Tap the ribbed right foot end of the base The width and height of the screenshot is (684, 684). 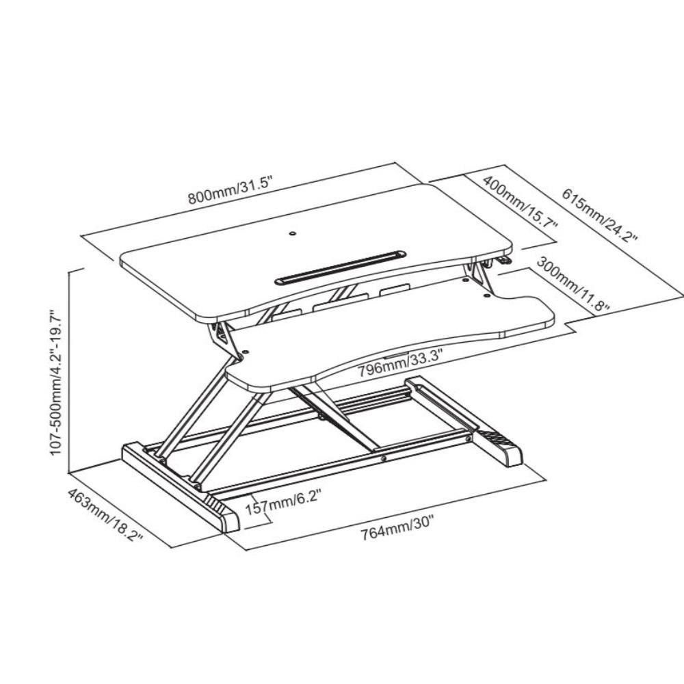point(501,448)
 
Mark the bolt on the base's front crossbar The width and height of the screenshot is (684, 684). point(384,460)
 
